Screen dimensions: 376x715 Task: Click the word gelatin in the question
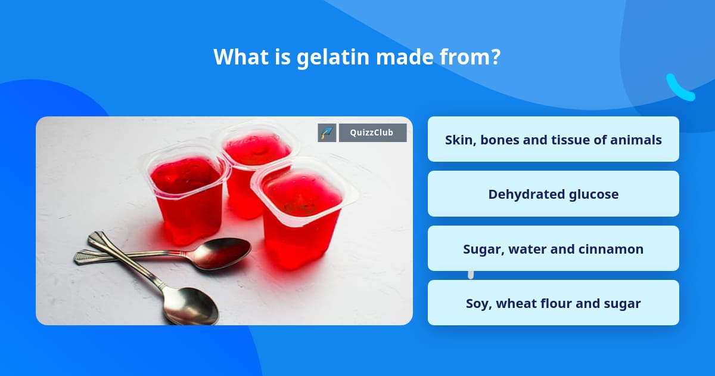tap(328, 57)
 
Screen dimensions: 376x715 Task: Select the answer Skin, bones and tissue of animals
tap(553, 140)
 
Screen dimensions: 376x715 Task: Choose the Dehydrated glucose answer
tap(553, 194)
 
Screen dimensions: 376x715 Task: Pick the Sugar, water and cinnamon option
tap(553, 249)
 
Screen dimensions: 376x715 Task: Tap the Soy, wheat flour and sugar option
tap(553, 303)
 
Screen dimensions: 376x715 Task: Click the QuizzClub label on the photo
tap(372, 132)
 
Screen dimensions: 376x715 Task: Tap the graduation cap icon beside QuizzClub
tap(327, 132)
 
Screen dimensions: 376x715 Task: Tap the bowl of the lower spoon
tap(191, 304)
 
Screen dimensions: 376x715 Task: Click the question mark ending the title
tap(495, 57)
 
